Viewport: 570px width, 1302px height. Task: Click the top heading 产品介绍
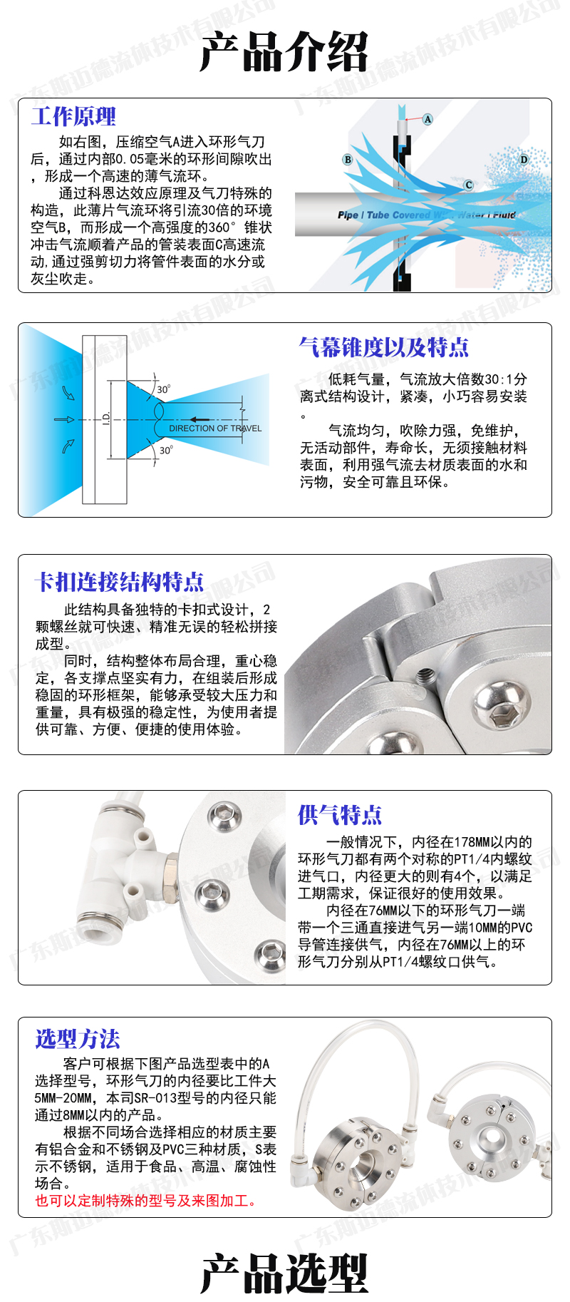[x=284, y=51]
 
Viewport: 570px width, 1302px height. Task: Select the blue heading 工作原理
[x=73, y=116]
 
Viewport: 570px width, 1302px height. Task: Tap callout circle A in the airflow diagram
[x=427, y=119]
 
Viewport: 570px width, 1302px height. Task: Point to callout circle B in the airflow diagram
[x=348, y=160]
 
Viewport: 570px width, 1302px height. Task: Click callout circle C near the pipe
[x=469, y=185]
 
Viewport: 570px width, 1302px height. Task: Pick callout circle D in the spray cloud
[x=524, y=160]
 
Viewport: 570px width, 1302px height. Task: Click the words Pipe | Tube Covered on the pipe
[x=384, y=215]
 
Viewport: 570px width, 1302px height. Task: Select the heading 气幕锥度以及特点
[x=384, y=347]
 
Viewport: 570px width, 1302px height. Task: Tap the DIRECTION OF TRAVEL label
[x=215, y=429]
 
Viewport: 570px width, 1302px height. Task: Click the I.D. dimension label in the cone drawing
[x=106, y=419]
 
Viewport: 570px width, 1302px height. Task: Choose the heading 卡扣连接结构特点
[x=120, y=582]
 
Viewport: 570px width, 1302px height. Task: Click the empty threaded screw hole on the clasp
[x=426, y=675]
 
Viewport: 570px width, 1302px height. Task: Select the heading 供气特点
[x=340, y=814]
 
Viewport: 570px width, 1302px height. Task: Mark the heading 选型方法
[x=78, y=1038]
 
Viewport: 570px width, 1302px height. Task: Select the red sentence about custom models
[x=146, y=1201]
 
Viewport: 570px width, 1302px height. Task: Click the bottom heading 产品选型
[x=284, y=1273]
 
